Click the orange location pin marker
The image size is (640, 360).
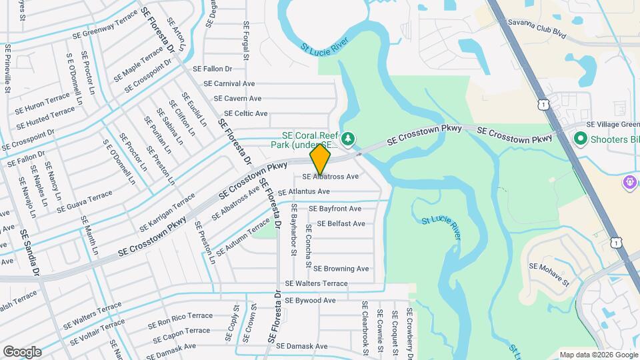(320, 159)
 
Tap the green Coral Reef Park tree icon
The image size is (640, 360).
(348, 139)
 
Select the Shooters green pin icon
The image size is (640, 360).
(579, 139)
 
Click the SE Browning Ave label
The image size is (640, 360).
(341, 269)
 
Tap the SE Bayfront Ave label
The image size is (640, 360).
(335, 209)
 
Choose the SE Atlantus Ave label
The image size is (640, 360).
(304, 191)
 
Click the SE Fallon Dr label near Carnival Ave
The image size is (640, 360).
(212, 69)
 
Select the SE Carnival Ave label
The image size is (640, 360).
(229, 84)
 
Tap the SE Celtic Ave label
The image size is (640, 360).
(246, 114)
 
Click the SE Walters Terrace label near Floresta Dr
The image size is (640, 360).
(316, 283)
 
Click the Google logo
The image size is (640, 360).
(22, 352)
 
